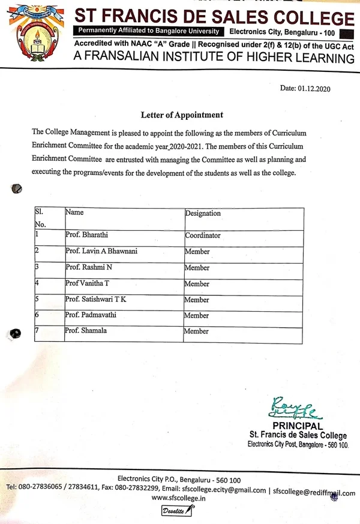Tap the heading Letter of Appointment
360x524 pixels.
pos(182,115)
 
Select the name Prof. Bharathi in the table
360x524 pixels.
pos(86,234)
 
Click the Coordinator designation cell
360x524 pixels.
pos(203,236)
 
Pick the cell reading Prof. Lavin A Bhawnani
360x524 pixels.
pos(101,251)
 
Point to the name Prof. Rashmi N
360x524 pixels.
pos(87,267)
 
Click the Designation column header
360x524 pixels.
pos(203,213)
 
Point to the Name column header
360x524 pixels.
pos(74,212)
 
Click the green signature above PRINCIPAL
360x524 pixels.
pos(292,408)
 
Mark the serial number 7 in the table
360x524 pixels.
pos(37,330)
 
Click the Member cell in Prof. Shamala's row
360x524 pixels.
pos(196,331)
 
